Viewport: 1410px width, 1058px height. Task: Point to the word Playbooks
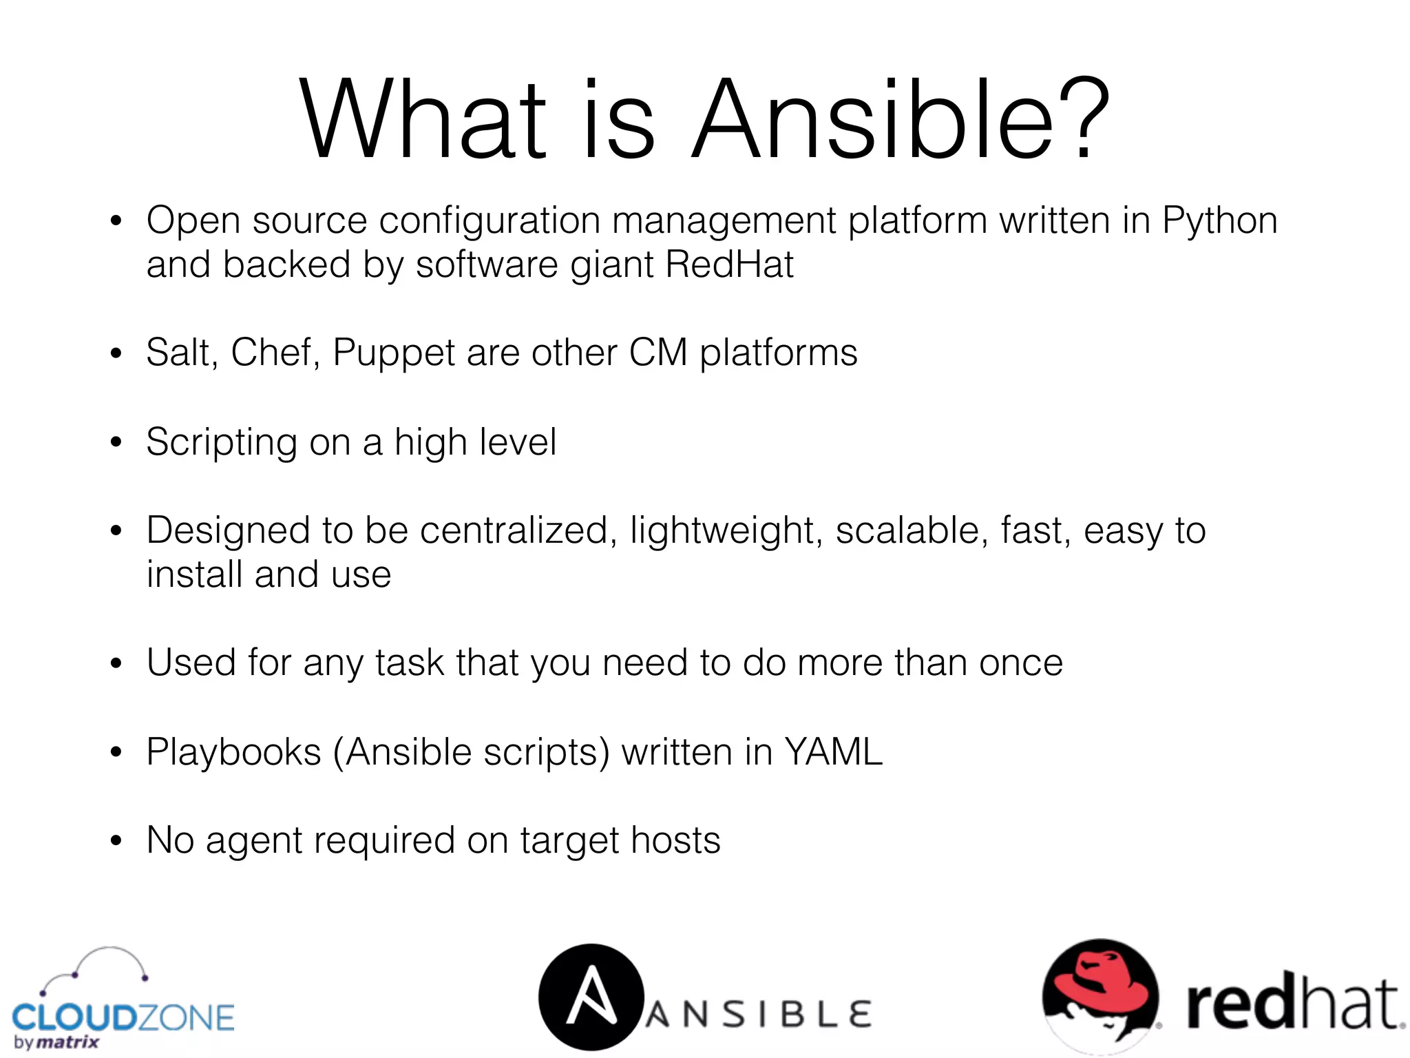(x=233, y=752)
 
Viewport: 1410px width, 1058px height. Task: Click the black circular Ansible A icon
(x=591, y=997)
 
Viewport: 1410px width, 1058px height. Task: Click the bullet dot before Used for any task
(x=116, y=664)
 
